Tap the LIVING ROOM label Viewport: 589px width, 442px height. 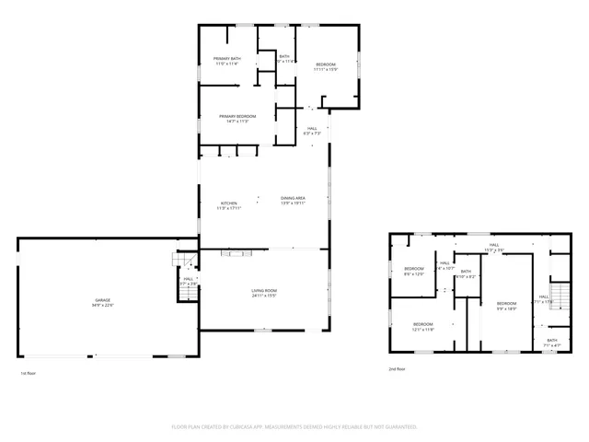(x=264, y=290)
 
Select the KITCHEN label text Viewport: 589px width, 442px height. (x=228, y=203)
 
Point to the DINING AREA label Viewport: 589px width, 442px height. (x=293, y=198)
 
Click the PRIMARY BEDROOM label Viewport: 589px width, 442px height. (x=237, y=116)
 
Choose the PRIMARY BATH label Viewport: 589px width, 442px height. (x=226, y=59)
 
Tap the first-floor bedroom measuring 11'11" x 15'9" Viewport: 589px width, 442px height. (x=326, y=64)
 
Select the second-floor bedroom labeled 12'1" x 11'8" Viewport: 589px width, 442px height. (x=422, y=324)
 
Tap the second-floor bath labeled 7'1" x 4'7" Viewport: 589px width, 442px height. (x=551, y=341)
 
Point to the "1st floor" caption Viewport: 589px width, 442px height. (x=28, y=373)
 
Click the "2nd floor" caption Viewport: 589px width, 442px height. (x=398, y=368)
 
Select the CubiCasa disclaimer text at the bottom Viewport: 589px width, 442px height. (x=294, y=427)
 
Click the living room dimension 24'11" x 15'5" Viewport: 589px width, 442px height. (x=264, y=296)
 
